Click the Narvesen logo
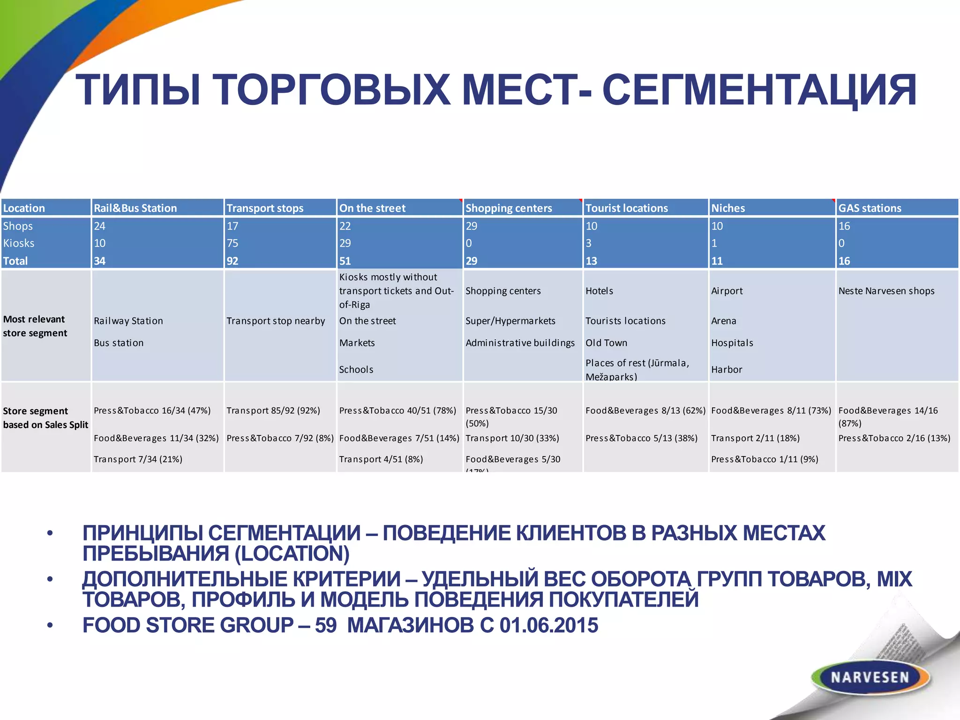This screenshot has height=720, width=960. pyautogui.click(x=870, y=677)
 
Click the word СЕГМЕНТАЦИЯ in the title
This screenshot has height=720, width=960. pyautogui.click(x=759, y=90)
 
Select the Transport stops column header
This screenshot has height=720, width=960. pyautogui.click(x=265, y=208)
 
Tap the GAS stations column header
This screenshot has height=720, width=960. pyautogui.click(x=870, y=208)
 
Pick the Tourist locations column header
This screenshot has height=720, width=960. pyautogui.click(x=626, y=208)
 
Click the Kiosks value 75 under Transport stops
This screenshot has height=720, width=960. pyautogui.click(x=232, y=243)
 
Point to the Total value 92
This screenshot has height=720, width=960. pyautogui.click(x=232, y=261)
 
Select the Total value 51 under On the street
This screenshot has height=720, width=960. pyautogui.click(x=345, y=261)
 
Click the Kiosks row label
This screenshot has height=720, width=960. pyautogui.click(x=19, y=243)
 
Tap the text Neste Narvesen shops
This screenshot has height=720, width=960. pyautogui.click(x=886, y=291)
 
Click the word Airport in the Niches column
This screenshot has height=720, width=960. pyautogui.click(x=727, y=291)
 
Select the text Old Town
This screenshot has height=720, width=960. pyautogui.click(x=606, y=343)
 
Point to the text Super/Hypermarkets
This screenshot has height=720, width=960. pyautogui.click(x=510, y=321)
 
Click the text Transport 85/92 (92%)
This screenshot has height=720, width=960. pyautogui.click(x=273, y=411)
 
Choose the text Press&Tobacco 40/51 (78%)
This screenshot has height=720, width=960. pyautogui.click(x=397, y=411)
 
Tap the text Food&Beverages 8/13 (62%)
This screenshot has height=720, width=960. pyautogui.click(x=645, y=411)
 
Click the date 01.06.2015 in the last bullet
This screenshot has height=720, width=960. pyautogui.click(x=548, y=625)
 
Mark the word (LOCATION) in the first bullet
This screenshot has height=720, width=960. pyautogui.click(x=292, y=554)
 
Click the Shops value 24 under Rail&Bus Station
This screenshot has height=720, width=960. pyautogui.click(x=99, y=226)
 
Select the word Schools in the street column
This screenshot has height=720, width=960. pyautogui.click(x=356, y=370)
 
